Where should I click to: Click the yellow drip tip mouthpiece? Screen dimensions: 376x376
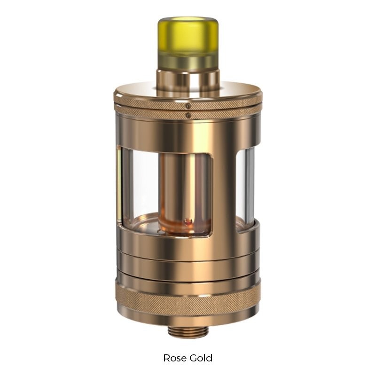click(188, 43)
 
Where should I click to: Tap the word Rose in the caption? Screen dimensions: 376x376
click(174, 358)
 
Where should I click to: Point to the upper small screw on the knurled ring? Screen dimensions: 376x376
click(188, 106)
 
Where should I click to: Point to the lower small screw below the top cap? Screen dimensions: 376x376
click(188, 115)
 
